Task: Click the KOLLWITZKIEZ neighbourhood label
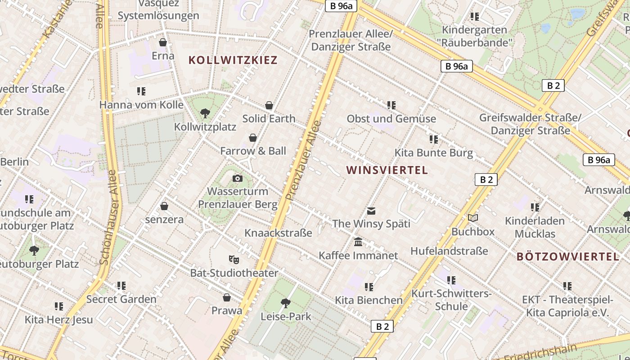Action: [x=233, y=60]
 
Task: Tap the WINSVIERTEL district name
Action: [x=387, y=170]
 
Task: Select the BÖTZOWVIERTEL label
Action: [x=568, y=257]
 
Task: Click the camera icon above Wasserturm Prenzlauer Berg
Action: [x=238, y=179]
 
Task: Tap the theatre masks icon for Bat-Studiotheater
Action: [x=234, y=260]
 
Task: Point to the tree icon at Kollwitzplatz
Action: [x=205, y=113]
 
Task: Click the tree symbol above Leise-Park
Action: [x=285, y=303]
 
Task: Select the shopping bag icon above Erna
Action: [x=163, y=43]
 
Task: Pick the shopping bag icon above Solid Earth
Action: [x=269, y=105]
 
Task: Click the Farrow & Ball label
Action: [x=253, y=151]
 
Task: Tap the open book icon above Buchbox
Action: [x=473, y=218]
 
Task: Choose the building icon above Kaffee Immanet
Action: [x=358, y=242]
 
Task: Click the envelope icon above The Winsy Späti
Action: [x=371, y=211]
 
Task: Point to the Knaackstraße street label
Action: [x=278, y=233]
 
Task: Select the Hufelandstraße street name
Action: [x=449, y=251]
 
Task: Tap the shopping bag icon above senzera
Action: [x=164, y=206]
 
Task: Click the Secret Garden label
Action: [x=121, y=299]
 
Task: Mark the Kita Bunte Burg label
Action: [x=434, y=153]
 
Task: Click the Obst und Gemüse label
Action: [x=391, y=119]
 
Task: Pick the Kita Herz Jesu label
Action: [x=58, y=320]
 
